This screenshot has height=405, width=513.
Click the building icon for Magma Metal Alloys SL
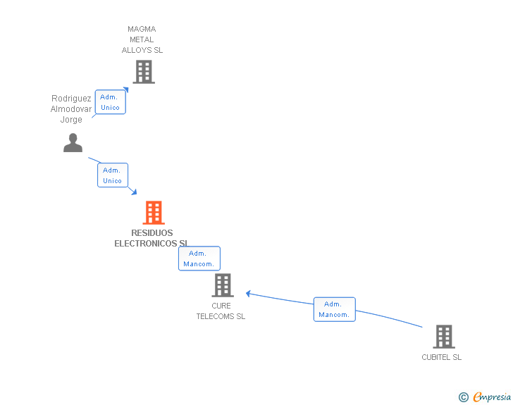click(143, 71)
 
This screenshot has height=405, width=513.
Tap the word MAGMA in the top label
click(142, 29)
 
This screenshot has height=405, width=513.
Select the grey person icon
click(73, 143)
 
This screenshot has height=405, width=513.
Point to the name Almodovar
click(70, 109)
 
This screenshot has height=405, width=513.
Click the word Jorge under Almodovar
click(71, 120)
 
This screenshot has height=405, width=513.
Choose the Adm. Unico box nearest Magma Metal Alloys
click(111, 102)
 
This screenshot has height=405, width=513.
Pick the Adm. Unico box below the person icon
click(113, 175)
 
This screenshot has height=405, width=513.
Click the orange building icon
click(153, 212)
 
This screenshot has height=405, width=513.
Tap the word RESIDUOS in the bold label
click(152, 233)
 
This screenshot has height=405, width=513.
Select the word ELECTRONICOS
click(146, 244)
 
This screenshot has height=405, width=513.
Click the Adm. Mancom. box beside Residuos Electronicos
click(199, 258)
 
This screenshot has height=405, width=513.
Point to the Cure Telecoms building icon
click(222, 285)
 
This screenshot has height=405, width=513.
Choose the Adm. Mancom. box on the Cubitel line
click(334, 309)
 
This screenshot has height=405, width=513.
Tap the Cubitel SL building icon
click(443, 337)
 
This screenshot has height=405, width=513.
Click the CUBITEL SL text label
click(441, 357)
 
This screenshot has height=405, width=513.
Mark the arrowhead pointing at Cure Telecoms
click(249, 293)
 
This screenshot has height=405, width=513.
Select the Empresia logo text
click(492, 397)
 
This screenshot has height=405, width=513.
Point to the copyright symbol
click(463, 397)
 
